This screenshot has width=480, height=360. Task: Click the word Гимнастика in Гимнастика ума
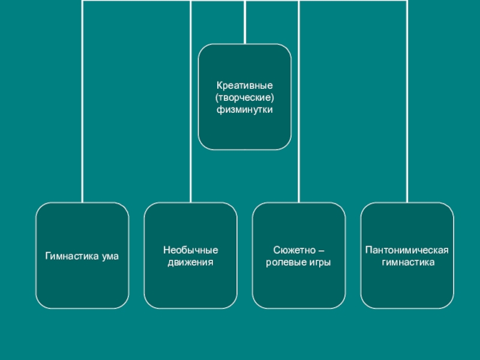point(71,256)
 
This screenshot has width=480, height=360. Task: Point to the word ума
point(110,256)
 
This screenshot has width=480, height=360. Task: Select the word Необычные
point(190,250)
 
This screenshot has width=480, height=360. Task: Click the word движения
point(190,262)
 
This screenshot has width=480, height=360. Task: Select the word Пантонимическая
point(407,250)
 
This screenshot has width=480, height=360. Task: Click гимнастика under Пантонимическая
point(407,262)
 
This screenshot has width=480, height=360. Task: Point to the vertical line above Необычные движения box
point(190,120)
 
